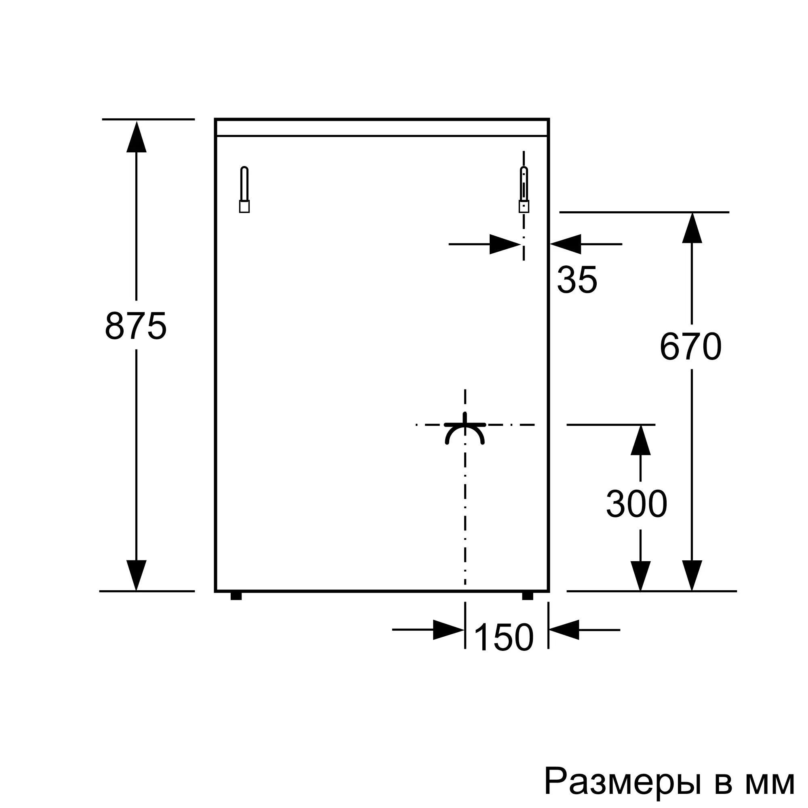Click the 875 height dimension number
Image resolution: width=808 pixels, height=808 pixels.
[x=136, y=325]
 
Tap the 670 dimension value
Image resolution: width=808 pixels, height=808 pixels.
[x=690, y=346]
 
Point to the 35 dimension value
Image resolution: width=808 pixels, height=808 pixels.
[x=577, y=280]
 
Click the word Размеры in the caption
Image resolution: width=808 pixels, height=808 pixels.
[x=622, y=780]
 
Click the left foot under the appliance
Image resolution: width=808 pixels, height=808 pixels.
[x=236, y=596]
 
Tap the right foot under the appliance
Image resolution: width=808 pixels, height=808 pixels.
[x=528, y=596]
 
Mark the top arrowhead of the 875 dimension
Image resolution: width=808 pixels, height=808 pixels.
[x=136, y=136]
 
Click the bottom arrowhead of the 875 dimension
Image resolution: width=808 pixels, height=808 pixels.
[x=136, y=575]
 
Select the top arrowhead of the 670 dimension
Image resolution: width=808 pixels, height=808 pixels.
[x=692, y=228]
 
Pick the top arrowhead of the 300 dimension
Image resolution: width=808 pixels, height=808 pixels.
[x=640, y=440]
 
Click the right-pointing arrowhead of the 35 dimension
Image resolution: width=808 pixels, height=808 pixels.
[x=505, y=244]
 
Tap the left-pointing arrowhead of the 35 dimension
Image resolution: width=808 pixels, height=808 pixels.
[x=566, y=244]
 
